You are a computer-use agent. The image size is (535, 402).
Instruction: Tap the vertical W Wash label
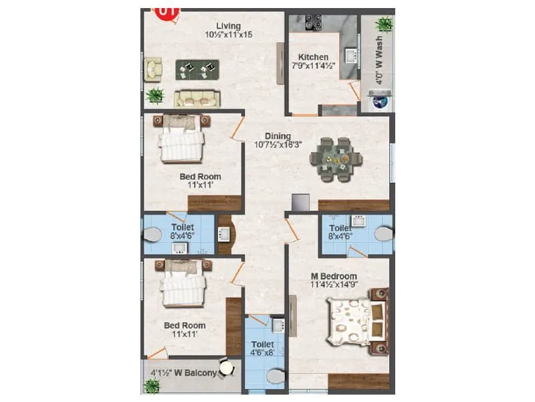tap(379, 62)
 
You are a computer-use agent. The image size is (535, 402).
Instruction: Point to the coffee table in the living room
tap(198, 68)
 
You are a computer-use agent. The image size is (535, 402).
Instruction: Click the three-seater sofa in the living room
tap(197, 98)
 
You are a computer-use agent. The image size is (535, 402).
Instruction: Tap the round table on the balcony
tap(227, 367)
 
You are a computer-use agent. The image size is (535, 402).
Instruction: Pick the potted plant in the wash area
tap(384, 24)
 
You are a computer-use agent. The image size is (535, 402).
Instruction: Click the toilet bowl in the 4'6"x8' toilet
tap(275, 377)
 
